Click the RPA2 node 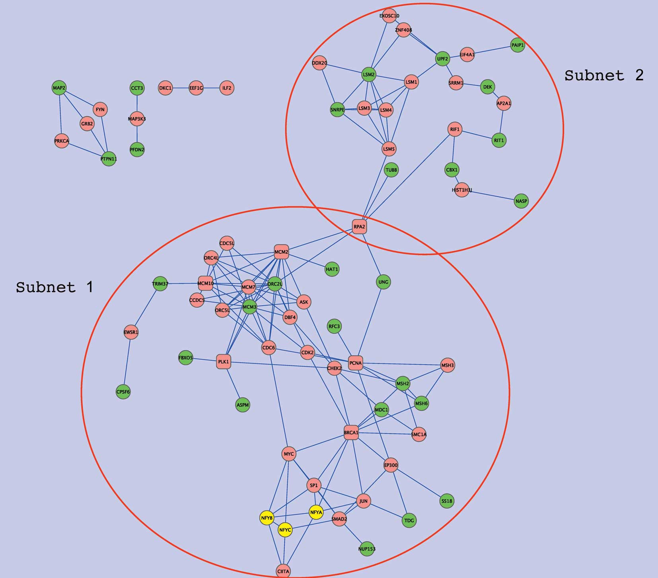(x=359, y=227)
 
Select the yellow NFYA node (x=316, y=512)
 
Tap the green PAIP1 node (x=518, y=45)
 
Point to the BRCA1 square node (x=351, y=432)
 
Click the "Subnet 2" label (x=604, y=75)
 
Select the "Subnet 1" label (x=55, y=287)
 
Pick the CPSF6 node (x=123, y=392)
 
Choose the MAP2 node (x=59, y=88)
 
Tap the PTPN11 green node (x=109, y=159)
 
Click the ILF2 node (x=227, y=88)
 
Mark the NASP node (x=521, y=201)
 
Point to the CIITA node (x=283, y=571)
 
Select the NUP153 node (x=367, y=549)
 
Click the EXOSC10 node (x=389, y=16)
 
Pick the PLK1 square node (x=224, y=362)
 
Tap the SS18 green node (x=447, y=501)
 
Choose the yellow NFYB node (x=267, y=518)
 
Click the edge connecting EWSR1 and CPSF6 (x=127, y=362)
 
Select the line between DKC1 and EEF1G (x=181, y=88)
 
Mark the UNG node (x=383, y=282)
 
